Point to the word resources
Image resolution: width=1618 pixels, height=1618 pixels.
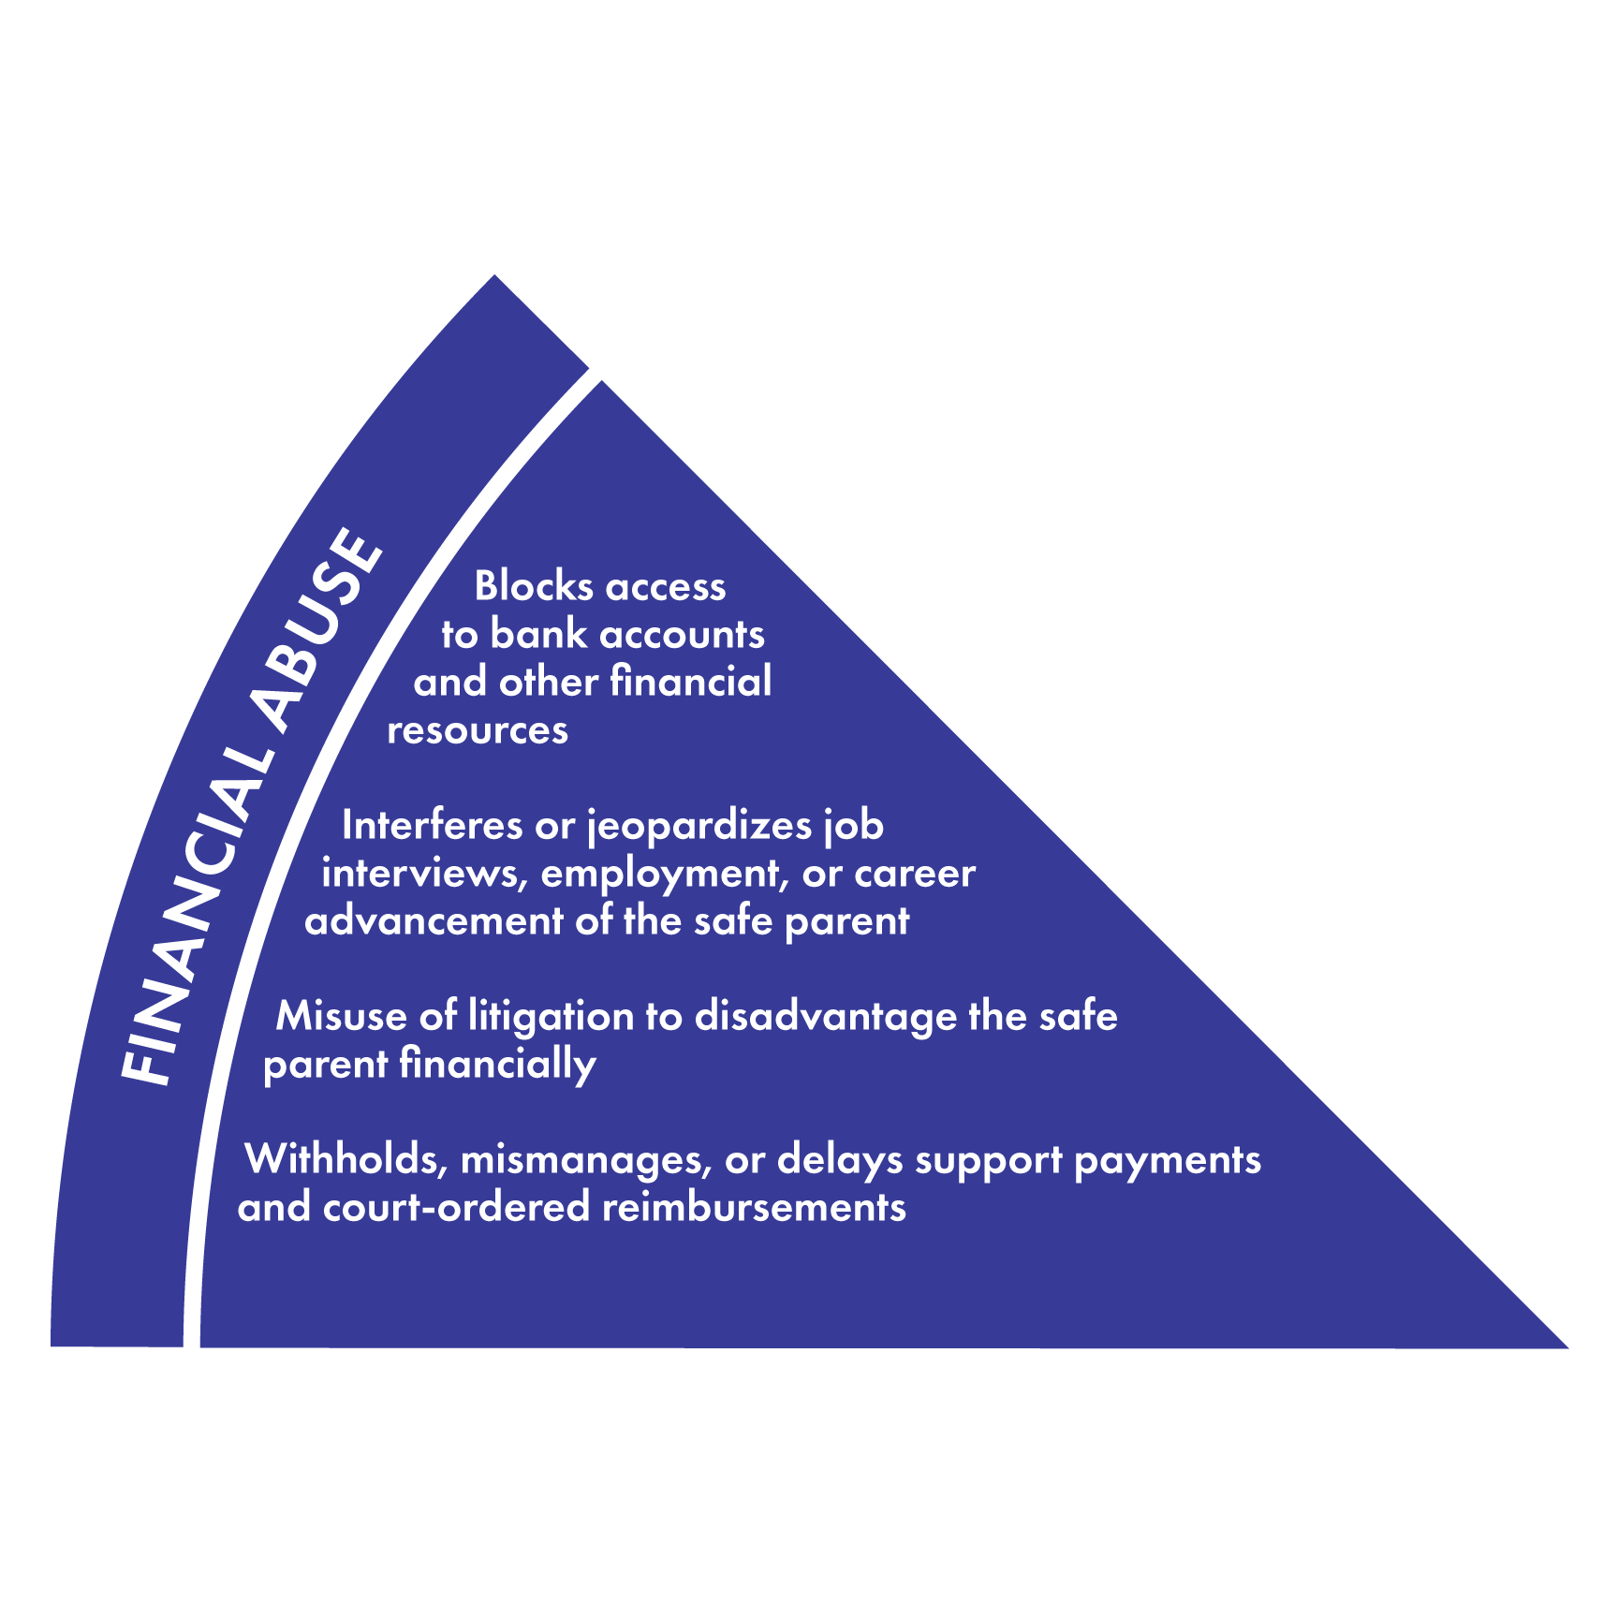pos(478,730)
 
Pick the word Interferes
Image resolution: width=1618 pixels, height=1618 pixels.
pos(432,825)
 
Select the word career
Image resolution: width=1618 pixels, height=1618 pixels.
pos(915,874)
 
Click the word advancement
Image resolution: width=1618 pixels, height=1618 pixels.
pos(434,921)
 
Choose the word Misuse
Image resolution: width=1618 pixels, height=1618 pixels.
pos(341,1016)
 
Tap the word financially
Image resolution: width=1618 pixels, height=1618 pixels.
pos(497,1066)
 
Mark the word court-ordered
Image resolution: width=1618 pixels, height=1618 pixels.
pos(456,1207)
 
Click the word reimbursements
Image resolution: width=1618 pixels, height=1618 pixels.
pos(754,1207)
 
